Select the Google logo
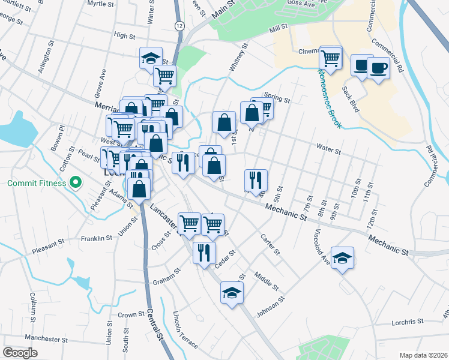(x=20, y=352)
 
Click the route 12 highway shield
(x=179, y=26)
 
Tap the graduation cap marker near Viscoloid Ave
(x=343, y=259)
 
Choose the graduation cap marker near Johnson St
(x=232, y=293)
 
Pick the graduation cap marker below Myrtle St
(x=150, y=58)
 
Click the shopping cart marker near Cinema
(x=331, y=58)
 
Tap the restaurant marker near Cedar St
(x=204, y=251)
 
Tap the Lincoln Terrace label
(x=185, y=331)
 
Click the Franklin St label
(x=97, y=238)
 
